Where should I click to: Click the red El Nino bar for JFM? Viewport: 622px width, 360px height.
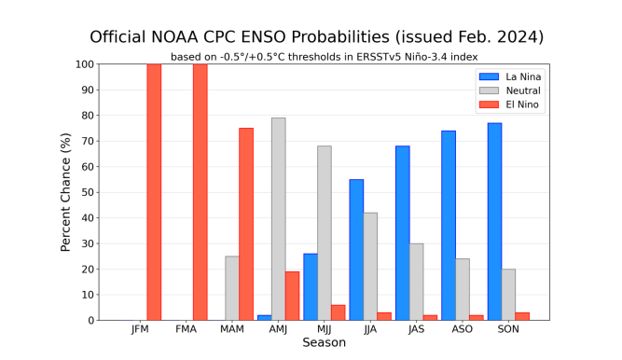pyautogui.click(x=154, y=192)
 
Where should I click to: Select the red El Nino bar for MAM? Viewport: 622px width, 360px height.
pyautogui.click(x=246, y=224)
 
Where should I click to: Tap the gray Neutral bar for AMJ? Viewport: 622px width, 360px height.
pyautogui.click(x=278, y=219)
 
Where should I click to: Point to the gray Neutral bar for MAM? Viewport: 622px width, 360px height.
pyautogui.click(x=232, y=288)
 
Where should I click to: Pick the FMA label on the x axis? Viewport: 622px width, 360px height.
pyautogui.click(x=186, y=330)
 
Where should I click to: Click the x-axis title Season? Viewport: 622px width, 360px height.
pyautogui.click(x=324, y=343)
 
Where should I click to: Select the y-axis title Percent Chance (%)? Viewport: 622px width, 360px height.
pyautogui.click(x=66, y=192)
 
